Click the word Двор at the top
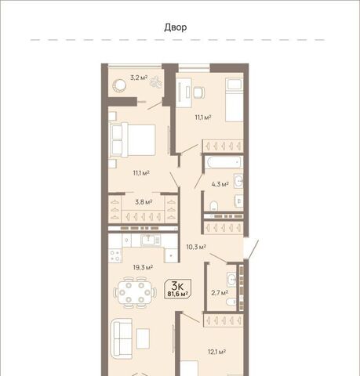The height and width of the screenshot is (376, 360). click(x=176, y=27)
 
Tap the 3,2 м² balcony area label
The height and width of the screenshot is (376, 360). click(x=139, y=78)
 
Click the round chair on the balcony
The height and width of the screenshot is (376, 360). click(x=119, y=85)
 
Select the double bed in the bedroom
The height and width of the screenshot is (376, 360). click(x=133, y=141)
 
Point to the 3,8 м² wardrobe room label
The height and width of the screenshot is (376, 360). click(x=144, y=202)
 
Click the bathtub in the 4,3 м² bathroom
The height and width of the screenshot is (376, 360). click(x=224, y=163)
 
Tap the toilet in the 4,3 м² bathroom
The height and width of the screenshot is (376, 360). click(x=214, y=206)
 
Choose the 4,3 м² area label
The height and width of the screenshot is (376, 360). click(x=220, y=184)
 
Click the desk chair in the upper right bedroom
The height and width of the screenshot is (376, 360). click(x=199, y=92)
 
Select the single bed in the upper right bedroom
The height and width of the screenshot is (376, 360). click(x=235, y=100)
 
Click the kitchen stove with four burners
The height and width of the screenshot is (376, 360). click(x=115, y=255)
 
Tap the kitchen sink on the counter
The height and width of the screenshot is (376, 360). click(x=150, y=240)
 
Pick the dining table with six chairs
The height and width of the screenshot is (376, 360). click(x=135, y=292)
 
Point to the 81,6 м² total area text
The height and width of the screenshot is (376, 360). click(x=178, y=294)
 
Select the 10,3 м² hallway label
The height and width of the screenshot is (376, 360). click(x=196, y=247)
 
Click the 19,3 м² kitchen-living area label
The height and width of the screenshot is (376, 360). click(x=143, y=267)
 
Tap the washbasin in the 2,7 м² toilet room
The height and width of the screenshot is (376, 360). click(x=231, y=280)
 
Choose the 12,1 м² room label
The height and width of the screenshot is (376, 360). click(x=217, y=352)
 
